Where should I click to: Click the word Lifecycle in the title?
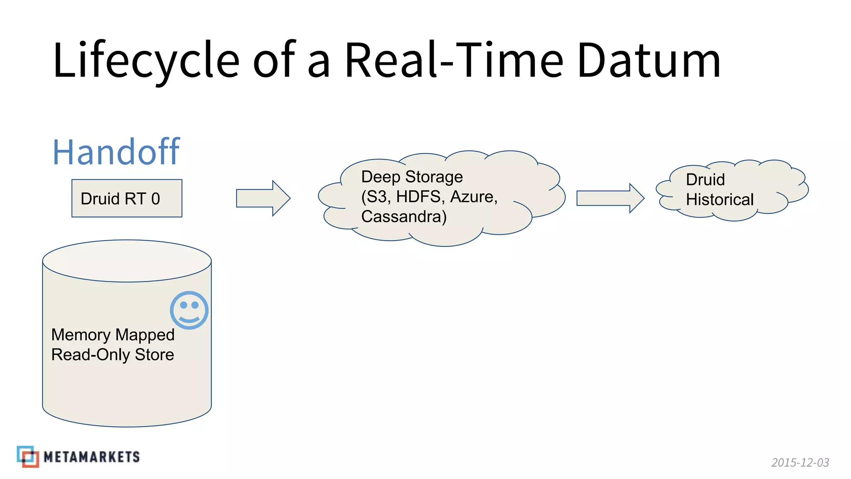click(x=145, y=60)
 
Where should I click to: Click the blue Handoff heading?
click(x=116, y=152)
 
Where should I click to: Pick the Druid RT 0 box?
click(x=127, y=198)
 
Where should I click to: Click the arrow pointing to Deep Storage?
click(x=263, y=198)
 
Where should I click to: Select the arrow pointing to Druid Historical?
click(x=610, y=198)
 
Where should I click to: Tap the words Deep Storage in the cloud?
click(x=412, y=177)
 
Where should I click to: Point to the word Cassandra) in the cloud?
click(x=404, y=217)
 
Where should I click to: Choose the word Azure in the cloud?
click(x=472, y=197)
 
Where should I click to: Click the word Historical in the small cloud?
click(x=720, y=200)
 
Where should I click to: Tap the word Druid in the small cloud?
click(x=705, y=180)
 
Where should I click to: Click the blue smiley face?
click(x=189, y=310)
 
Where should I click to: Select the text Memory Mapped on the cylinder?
click(x=113, y=335)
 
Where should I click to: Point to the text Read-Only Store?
click(x=113, y=355)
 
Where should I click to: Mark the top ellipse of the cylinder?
click(x=127, y=261)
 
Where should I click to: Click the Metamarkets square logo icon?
click(x=28, y=457)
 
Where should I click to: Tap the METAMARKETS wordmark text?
click(x=91, y=457)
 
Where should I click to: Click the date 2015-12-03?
click(x=800, y=462)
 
